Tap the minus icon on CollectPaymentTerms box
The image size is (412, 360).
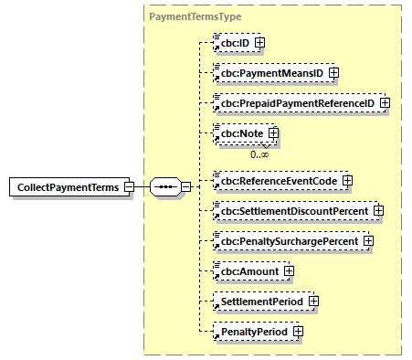[x=129, y=187]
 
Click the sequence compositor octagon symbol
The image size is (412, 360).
[x=165, y=187]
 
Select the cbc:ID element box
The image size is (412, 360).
[x=232, y=42]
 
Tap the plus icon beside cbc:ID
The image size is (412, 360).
[x=259, y=42]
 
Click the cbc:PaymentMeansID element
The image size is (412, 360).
[x=269, y=72]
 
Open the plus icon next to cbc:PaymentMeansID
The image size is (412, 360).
[x=333, y=72]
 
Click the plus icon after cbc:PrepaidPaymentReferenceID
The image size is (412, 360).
[x=385, y=103]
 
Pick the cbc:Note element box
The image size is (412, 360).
[x=238, y=133]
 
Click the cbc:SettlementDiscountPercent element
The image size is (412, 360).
[x=291, y=211]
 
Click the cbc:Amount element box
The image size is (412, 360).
[x=246, y=270]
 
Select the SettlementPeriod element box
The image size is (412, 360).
[x=259, y=300]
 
